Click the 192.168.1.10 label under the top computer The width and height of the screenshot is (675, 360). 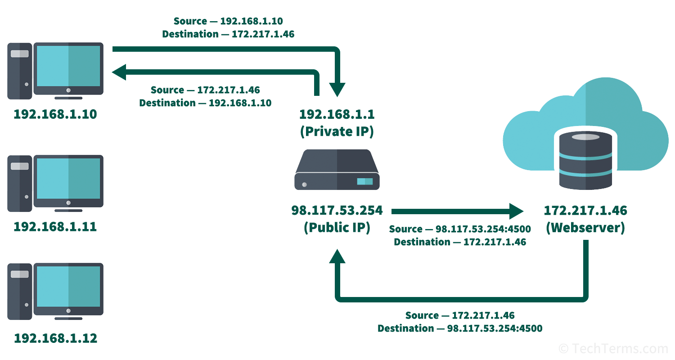[x=55, y=114]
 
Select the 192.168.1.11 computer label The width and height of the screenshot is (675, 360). [x=55, y=226]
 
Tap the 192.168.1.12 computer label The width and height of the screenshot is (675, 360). [x=55, y=338]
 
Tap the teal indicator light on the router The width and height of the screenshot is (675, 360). [x=365, y=181]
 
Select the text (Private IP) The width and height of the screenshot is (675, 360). [x=337, y=131]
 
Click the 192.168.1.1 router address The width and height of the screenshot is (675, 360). [x=337, y=114]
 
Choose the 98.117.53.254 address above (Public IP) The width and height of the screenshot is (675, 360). [x=337, y=210]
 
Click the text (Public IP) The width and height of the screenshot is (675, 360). [x=337, y=228]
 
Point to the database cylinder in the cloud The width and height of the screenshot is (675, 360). [x=585, y=160]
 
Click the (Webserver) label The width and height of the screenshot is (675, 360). [x=585, y=228]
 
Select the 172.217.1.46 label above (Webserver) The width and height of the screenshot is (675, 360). [x=585, y=210]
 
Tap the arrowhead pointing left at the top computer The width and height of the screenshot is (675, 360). [x=119, y=72]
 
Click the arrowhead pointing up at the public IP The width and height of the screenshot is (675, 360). [x=337, y=256]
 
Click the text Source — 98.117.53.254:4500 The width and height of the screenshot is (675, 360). [x=460, y=229]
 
